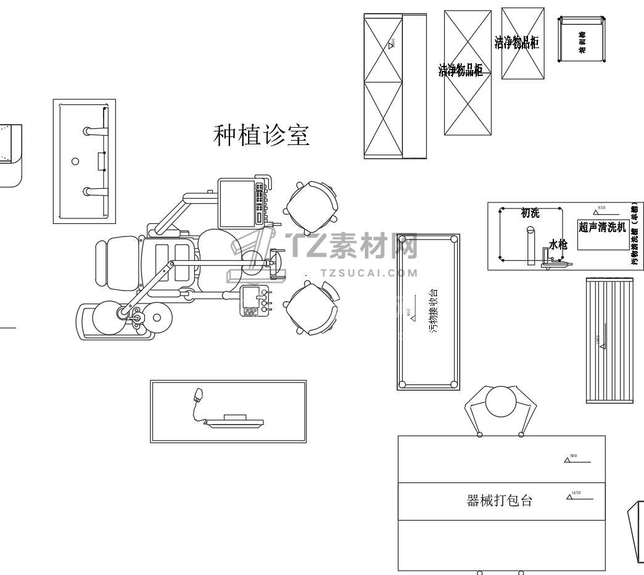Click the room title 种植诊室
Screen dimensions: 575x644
point(261,135)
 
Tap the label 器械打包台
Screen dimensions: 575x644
point(499,501)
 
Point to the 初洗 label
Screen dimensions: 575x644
point(530,213)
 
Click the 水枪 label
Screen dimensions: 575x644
point(558,244)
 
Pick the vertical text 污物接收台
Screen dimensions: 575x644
point(434,311)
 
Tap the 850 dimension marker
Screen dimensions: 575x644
point(601,210)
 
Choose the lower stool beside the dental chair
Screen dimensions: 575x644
point(312,308)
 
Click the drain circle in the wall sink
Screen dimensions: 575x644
point(75,161)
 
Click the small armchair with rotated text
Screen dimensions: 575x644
point(582,39)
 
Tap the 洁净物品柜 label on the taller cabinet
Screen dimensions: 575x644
point(461,70)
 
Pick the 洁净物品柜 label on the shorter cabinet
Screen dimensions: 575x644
point(517,43)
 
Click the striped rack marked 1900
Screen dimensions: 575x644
point(609,341)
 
